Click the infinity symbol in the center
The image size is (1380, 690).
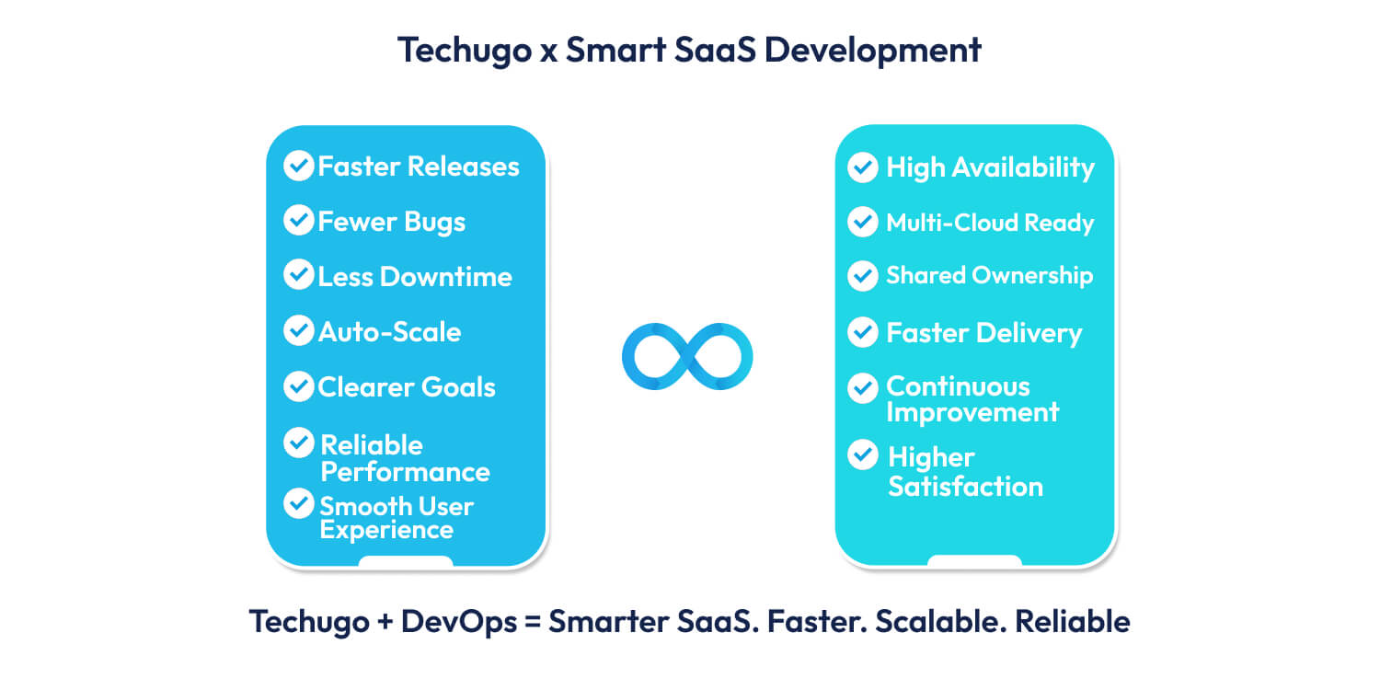coord(687,356)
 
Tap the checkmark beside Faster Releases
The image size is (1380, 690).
coord(298,166)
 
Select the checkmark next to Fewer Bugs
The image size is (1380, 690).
coord(298,221)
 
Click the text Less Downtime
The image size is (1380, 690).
coord(414,277)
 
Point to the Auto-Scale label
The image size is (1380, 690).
coord(389,332)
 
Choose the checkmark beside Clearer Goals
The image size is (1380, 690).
coord(298,386)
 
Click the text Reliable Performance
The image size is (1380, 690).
coord(404,458)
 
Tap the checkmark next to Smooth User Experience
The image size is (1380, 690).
coord(298,503)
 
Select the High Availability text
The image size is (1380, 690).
coord(990,167)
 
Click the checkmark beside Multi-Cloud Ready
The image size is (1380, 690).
coord(862,222)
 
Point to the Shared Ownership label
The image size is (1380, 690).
coord(989,276)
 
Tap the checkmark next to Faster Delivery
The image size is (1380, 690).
coord(862,332)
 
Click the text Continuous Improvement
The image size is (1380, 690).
coord(972,399)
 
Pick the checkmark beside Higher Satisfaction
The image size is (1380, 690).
coord(862,454)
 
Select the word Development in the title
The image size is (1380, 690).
coord(872,50)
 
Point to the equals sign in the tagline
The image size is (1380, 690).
coord(534,623)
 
